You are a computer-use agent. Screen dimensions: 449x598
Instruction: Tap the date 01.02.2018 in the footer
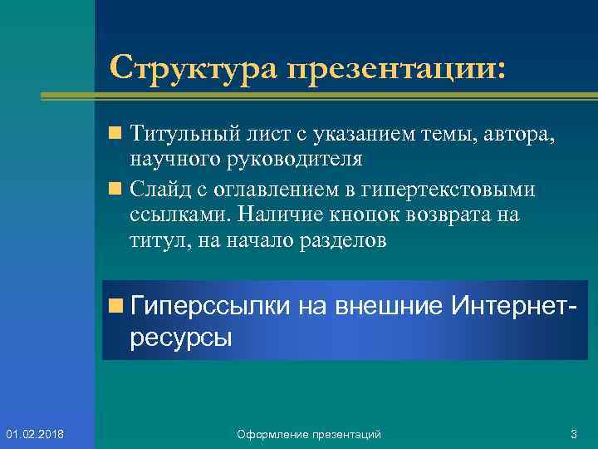[39, 434]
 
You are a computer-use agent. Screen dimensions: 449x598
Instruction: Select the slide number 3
[573, 434]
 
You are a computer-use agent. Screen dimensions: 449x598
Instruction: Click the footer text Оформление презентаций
[309, 434]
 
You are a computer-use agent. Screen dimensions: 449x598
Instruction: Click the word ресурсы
[180, 337]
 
